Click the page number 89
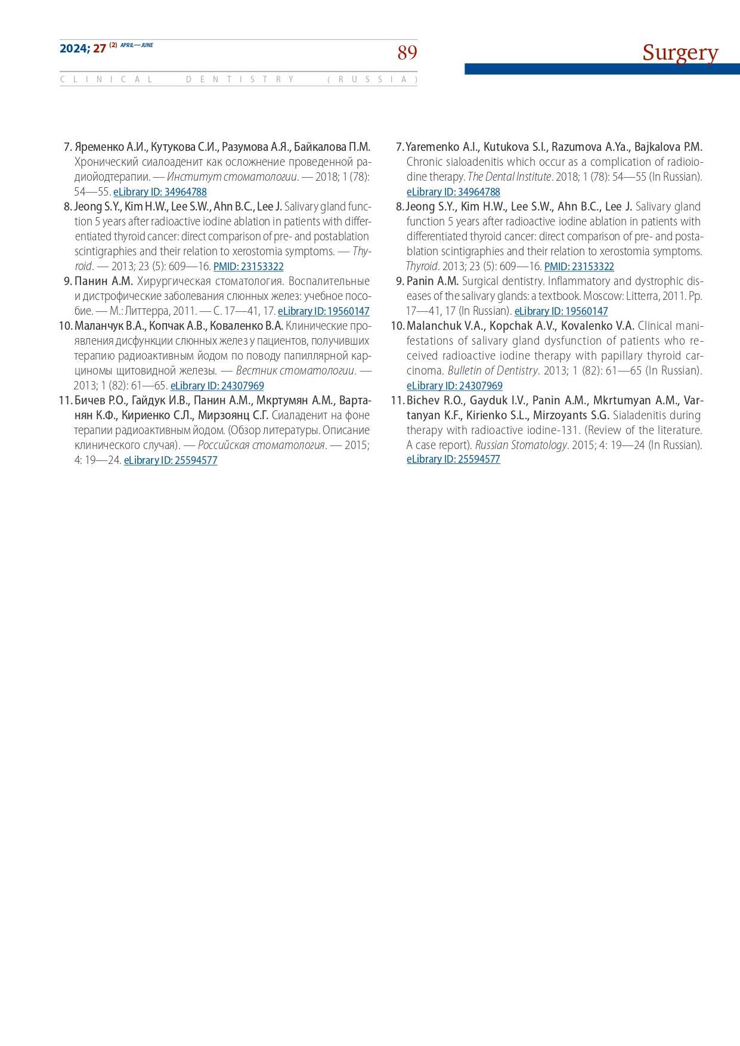407,53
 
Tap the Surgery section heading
680,52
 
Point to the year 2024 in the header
74,49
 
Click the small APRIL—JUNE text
137,45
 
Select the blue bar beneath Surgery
602,69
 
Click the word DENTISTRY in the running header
240,79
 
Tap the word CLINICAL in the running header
106,79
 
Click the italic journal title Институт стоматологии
232,177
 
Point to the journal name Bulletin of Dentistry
493,370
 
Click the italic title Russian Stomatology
521,445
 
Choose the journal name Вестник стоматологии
295,370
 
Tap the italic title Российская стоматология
261,445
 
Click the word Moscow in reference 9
603,296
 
